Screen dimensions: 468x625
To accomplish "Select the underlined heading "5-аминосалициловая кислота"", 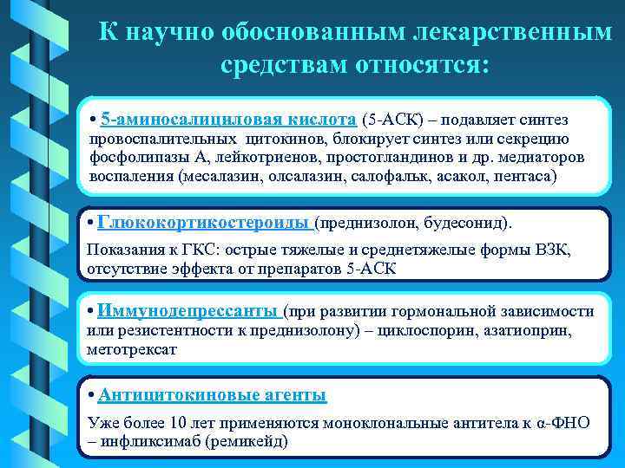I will coord(228,119).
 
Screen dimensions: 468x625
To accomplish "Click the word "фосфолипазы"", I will coord(133,159).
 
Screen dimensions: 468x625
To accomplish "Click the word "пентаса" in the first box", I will coord(522,178).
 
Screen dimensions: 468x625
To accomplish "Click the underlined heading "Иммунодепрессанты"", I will coord(188,310).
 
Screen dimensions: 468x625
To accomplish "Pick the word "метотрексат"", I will coord(132,349).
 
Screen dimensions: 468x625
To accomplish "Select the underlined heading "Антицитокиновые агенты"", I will coord(212,396).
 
